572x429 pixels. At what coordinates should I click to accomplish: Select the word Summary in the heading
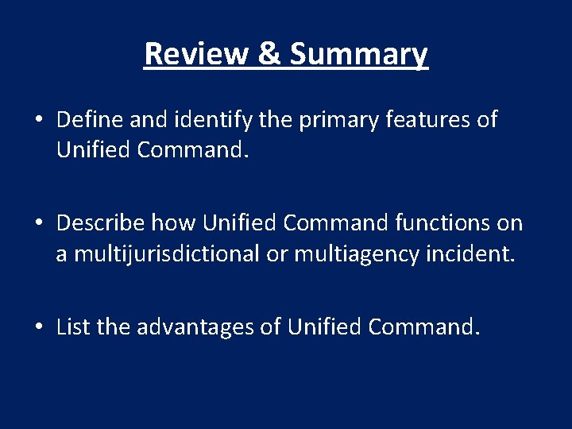coord(359,54)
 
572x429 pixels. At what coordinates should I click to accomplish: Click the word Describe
coord(101,223)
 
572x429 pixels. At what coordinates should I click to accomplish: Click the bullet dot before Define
coord(39,121)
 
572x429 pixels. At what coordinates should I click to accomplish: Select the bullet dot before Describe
coord(39,224)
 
